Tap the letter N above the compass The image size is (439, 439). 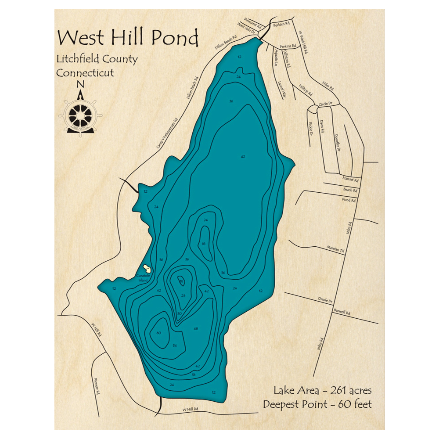tap(79, 85)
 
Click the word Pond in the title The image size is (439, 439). tap(175, 38)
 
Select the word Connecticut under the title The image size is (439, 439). tap(85, 72)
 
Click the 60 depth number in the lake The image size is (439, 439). tap(158, 333)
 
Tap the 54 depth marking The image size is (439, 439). tap(175, 346)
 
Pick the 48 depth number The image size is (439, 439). tap(196, 328)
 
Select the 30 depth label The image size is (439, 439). tap(179, 313)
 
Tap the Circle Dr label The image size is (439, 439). tap(326, 104)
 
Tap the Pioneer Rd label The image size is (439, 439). tap(97, 386)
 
